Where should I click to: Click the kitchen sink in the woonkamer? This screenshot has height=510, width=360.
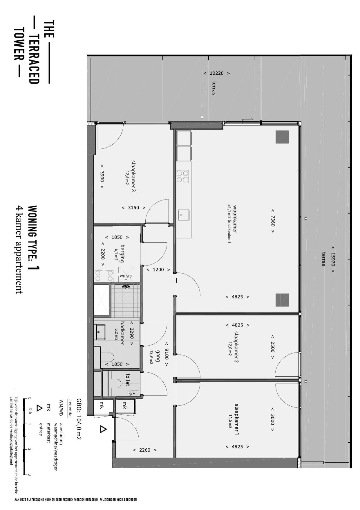[183, 215]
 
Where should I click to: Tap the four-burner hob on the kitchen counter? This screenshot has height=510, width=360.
[182, 176]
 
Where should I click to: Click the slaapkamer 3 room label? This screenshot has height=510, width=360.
[133, 176]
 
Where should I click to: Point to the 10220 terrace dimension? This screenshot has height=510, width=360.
[216, 73]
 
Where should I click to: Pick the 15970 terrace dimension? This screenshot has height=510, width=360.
[333, 259]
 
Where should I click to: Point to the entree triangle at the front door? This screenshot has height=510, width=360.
[103, 429]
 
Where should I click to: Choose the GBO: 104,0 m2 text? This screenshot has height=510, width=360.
[78, 419]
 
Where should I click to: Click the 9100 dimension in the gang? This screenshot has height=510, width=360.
[166, 354]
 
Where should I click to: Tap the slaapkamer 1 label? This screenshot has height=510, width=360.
[237, 419]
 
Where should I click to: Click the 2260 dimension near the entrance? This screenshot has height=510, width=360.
[145, 450]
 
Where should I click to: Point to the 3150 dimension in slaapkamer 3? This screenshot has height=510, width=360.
[133, 208]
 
